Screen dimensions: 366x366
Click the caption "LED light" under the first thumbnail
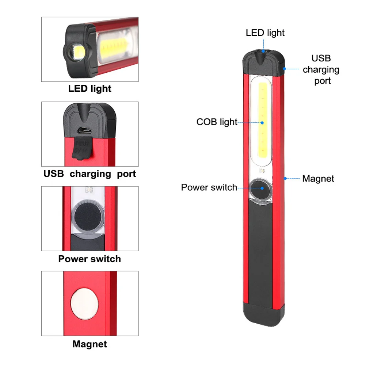point(89,88)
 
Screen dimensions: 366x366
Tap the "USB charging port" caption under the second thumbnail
point(89,174)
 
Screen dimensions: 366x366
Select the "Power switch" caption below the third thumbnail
point(89,259)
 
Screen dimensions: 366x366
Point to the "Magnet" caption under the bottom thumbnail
point(89,344)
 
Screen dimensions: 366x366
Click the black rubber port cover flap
point(81,149)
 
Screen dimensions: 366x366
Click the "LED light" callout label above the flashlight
point(265,33)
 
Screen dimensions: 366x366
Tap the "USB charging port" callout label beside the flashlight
point(321,69)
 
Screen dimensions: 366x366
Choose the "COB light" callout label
point(217,122)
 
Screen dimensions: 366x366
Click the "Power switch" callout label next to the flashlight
point(209,188)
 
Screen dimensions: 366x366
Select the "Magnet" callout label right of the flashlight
point(318,179)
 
